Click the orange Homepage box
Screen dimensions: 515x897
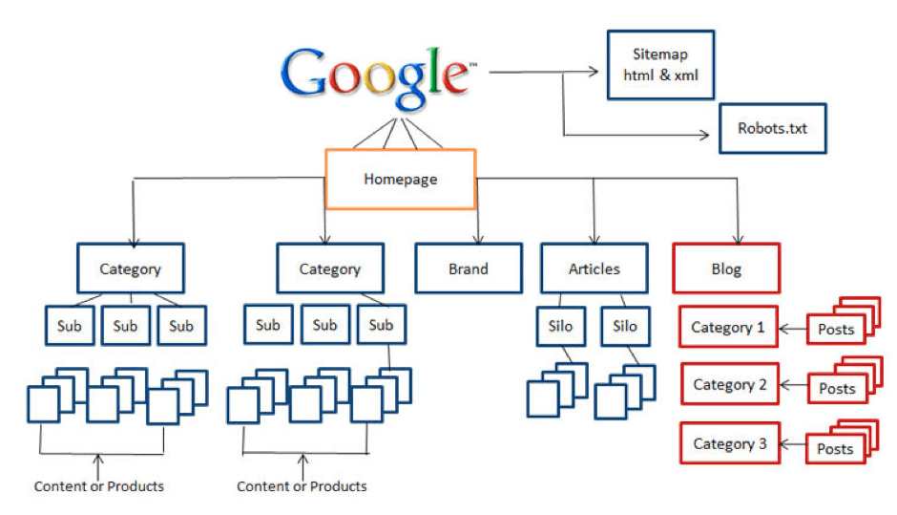pyautogui.click(x=401, y=179)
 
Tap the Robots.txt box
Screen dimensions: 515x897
pyautogui.click(x=771, y=128)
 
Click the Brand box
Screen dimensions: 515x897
pyautogui.click(x=468, y=268)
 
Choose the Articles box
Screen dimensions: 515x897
pyautogui.click(x=594, y=268)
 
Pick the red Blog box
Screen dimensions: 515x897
pyautogui.click(x=726, y=268)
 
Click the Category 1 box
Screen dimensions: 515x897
pyautogui.click(x=729, y=328)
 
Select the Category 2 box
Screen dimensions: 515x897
pyautogui.click(x=730, y=385)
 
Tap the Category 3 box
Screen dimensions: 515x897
pyautogui.click(x=730, y=443)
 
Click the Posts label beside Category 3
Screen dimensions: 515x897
pyautogui.click(x=835, y=449)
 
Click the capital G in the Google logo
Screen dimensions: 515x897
pyautogui.click(x=310, y=74)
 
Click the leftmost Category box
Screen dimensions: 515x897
pyautogui.click(x=131, y=268)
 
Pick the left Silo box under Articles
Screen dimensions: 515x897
pyautogui.click(x=561, y=327)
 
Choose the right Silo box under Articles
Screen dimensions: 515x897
pyautogui.click(x=625, y=327)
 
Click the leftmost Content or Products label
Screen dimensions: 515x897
pyautogui.click(x=99, y=486)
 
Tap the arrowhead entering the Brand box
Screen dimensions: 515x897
pyautogui.click(x=478, y=238)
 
